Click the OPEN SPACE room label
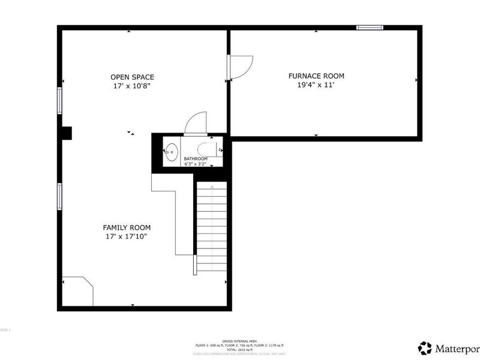132,77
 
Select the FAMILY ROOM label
127,227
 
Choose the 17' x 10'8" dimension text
132,86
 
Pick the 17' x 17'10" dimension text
127,236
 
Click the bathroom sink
172,152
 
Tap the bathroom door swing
196,123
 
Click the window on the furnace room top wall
370,28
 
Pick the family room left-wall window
59,197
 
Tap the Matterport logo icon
425,348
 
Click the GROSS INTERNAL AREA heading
239,340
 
